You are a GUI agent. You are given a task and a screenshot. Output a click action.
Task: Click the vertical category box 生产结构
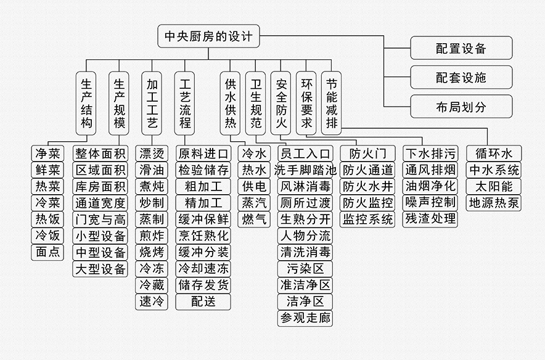coord(87,103)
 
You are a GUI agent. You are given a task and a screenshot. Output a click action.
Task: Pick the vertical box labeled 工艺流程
coord(185,103)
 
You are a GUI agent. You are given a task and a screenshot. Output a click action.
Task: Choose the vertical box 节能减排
coord(331,103)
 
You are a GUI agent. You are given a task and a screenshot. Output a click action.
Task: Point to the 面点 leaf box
coord(47,252)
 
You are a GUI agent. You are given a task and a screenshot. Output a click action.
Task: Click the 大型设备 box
coord(100,268)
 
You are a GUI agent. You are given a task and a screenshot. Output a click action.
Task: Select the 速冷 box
coord(152,301)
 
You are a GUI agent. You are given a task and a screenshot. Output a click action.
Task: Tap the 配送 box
coord(203,301)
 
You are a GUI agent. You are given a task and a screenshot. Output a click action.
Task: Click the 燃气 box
coord(255,218)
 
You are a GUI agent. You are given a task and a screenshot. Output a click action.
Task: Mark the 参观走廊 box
coord(305,318)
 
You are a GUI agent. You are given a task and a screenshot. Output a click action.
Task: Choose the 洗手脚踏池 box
coord(305,170)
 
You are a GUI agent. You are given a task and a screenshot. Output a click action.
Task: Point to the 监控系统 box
coord(367,218)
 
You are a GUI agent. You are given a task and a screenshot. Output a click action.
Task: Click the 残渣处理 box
coord(430,218)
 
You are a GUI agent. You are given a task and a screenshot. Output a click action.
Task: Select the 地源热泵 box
coord(493,202)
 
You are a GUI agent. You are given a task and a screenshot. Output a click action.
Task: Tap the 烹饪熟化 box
coord(203,235)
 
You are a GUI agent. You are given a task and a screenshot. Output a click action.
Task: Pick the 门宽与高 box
coord(100,218)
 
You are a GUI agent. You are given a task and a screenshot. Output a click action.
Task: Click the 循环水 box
coord(493,153)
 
